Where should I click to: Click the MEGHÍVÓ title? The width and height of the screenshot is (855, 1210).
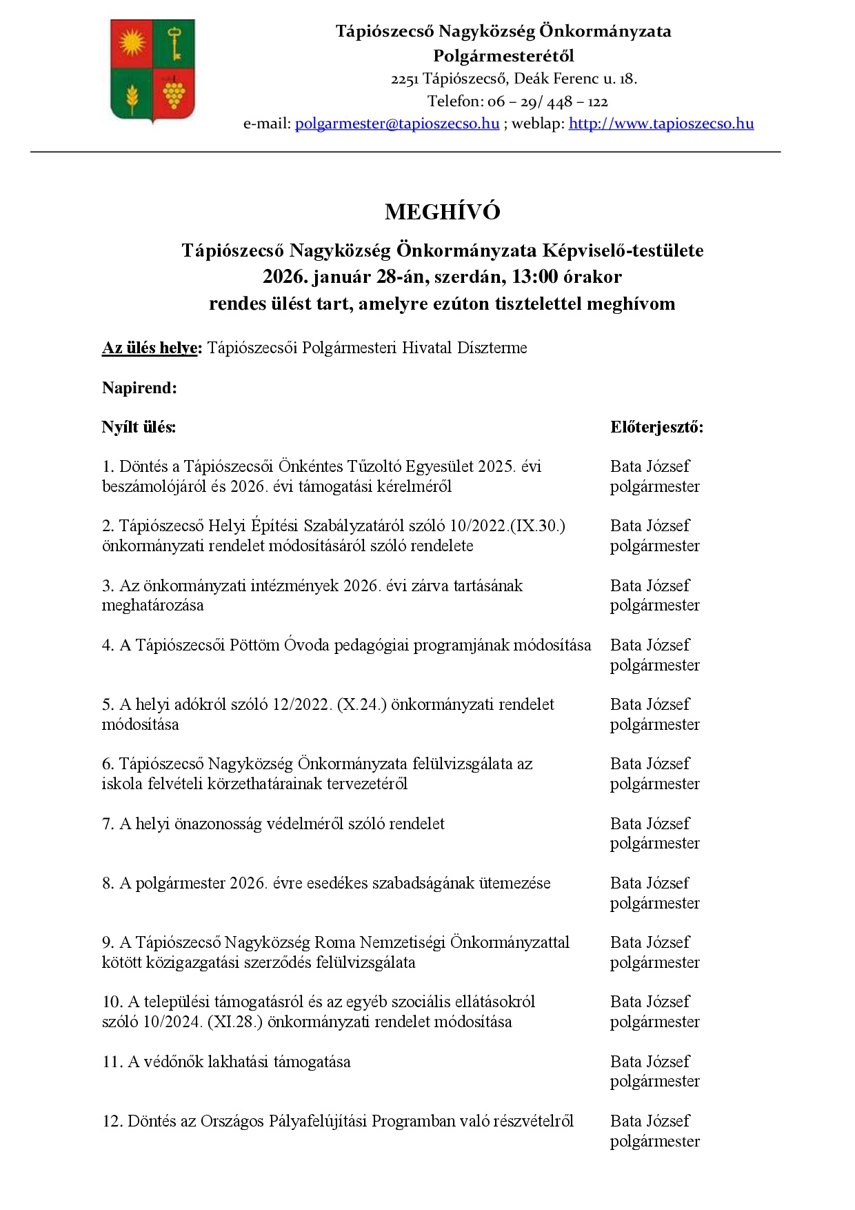pos(442,212)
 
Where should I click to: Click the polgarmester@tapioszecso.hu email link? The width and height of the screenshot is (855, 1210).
pos(397,124)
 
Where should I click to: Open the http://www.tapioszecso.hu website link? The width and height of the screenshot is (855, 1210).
pos(661,124)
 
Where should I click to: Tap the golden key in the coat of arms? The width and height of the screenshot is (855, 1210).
pos(174,43)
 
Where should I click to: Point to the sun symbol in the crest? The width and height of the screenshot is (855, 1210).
pos(131,43)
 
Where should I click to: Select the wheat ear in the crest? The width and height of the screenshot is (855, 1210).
pos(131,96)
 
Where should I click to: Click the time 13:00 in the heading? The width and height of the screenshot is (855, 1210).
pos(534,277)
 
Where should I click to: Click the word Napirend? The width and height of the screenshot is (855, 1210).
pos(139,388)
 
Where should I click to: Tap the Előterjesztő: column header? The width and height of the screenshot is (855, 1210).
pos(656,428)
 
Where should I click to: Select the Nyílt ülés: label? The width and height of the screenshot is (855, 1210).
pos(139,428)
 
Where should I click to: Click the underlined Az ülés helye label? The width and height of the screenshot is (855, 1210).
pos(150,348)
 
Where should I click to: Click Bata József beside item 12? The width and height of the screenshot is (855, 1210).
pos(650,1122)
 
